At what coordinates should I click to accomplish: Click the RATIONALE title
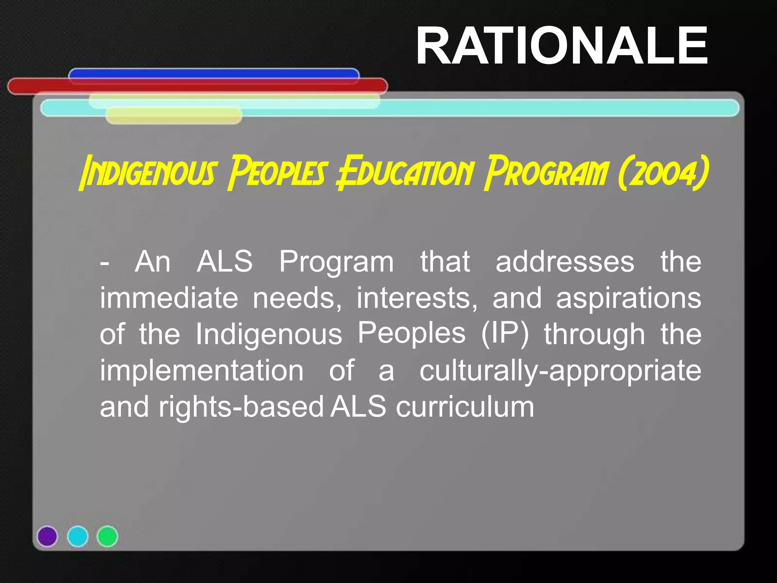pos(562,46)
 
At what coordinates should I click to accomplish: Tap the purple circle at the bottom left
pos(47,536)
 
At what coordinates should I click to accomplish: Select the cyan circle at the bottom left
pos(78,536)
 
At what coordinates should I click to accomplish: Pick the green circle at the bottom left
pos(107,536)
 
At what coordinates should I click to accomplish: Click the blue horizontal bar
pos(214,73)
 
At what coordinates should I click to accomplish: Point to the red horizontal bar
pos(197,86)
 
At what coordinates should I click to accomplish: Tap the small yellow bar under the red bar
pos(173,116)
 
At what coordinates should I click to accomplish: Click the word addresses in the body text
pos(565,262)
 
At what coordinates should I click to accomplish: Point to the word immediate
pos(169,298)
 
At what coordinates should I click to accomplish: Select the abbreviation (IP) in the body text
pos(505,334)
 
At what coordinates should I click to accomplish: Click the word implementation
pos(201,370)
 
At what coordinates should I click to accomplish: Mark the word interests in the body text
pos(417,298)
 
